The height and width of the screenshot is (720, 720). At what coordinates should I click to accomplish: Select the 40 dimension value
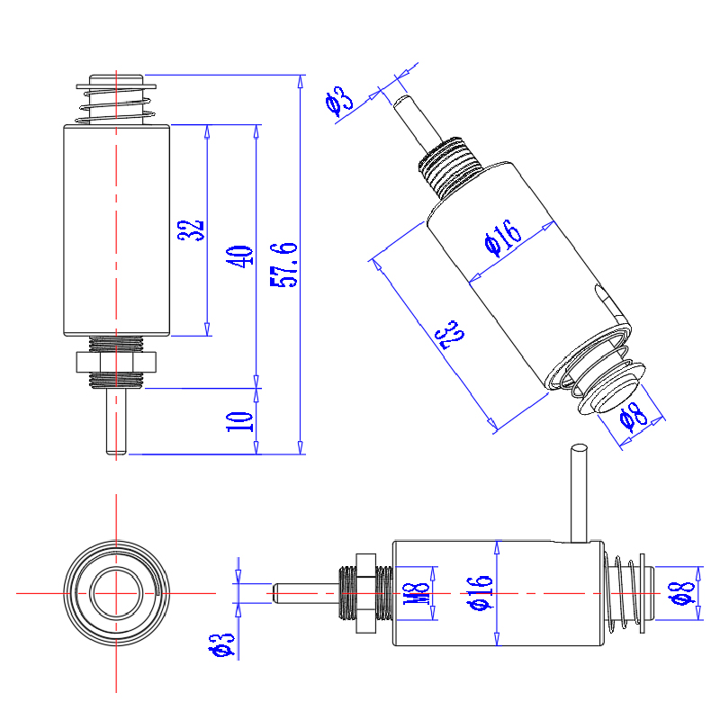coord(240,256)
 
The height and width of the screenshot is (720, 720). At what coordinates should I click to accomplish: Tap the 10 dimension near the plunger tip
coord(240,421)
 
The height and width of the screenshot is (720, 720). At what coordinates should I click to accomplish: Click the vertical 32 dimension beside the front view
coord(192,230)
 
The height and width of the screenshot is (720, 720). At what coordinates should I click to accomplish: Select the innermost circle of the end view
coord(117,594)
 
